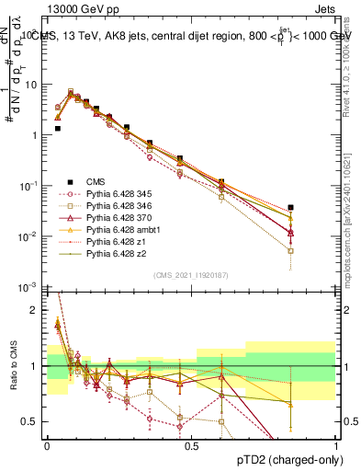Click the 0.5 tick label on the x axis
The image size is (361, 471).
[x=192, y=444]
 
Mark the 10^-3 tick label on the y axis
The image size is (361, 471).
[x=30, y=287]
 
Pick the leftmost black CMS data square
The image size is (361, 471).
[x=57, y=129]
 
